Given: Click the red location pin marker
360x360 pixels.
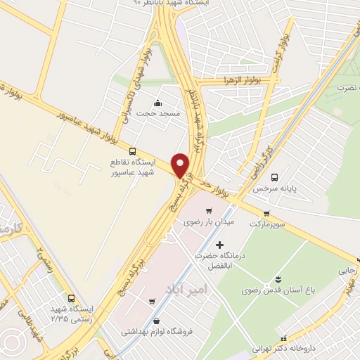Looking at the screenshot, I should point(181,165).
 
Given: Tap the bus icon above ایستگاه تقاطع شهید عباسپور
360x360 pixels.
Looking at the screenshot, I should point(133,150).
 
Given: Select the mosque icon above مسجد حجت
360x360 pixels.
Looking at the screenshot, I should point(157,103).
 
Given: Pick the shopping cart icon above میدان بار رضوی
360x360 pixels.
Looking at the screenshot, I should point(207,211).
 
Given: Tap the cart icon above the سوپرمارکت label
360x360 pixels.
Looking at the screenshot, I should point(266,214).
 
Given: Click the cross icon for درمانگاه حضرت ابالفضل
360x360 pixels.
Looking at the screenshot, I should point(219,245).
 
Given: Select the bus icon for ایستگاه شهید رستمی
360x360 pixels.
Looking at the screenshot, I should point(70,298).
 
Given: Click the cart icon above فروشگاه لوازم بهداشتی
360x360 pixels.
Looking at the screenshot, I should point(151,302).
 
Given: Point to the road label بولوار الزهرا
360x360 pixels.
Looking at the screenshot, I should point(240,81).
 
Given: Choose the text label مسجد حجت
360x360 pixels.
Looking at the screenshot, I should point(158,113).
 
